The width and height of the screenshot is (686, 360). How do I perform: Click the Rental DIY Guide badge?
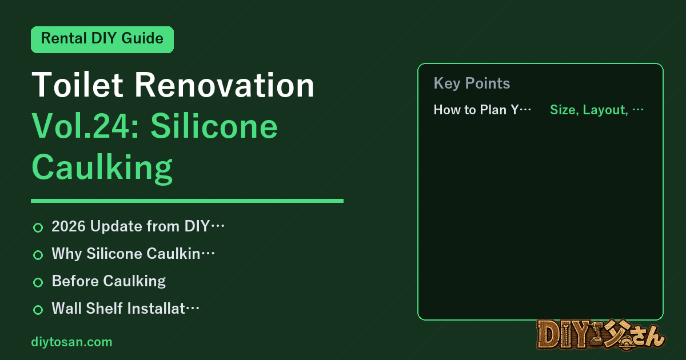point(102,39)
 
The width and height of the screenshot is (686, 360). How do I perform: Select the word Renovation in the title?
point(225,85)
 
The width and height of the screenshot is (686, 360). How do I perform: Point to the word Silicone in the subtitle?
point(214,126)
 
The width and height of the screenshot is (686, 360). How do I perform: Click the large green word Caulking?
point(102,168)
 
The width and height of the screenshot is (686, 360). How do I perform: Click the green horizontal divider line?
point(187,201)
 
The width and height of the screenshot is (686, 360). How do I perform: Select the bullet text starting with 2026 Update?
point(138,226)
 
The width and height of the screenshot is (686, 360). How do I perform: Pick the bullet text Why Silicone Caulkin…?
point(133,254)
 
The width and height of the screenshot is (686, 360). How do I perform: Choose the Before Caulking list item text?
point(109,281)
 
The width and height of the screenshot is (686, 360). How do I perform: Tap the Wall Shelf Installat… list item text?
point(126,308)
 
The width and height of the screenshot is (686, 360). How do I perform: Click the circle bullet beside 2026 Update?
point(38,228)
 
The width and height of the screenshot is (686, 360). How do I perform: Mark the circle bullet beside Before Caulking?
point(38,282)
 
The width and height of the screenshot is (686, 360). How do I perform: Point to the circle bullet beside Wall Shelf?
point(38,310)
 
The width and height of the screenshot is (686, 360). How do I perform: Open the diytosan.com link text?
point(71,342)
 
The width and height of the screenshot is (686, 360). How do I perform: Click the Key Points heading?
point(472,83)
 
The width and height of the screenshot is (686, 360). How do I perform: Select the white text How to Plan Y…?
point(482,110)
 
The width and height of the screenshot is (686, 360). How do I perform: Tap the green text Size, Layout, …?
point(597,110)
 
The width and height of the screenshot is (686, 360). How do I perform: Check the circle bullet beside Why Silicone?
point(38,255)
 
